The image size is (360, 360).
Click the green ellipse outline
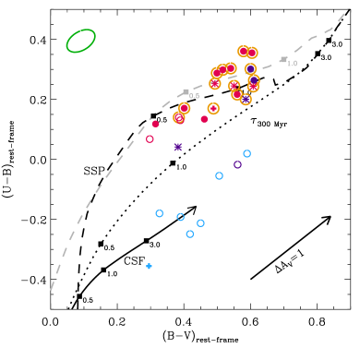[x=81, y=41]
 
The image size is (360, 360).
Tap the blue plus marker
[x=149, y=266]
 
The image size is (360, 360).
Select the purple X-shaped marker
[x=177, y=147]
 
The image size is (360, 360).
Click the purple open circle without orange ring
[x=237, y=164]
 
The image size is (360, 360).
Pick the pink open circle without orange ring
[x=150, y=138]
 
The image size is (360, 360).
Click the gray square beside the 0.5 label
[x=186, y=92]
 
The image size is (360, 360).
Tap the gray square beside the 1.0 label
[x=283, y=60]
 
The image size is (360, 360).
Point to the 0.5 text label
[x=195, y=96]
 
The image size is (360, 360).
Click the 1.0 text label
[x=293, y=64]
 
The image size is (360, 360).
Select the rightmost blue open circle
[x=246, y=153]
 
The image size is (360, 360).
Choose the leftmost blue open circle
[x=159, y=213]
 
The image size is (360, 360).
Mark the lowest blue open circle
[x=189, y=234]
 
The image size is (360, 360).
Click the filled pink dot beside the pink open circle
[x=155, y=124]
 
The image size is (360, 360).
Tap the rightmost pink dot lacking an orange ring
[x=204, y=118]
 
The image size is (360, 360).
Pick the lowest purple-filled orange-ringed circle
[x=246, y=99]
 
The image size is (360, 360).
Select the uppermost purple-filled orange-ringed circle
[x=250, y=68]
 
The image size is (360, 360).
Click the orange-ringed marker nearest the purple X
[x=179, y=117]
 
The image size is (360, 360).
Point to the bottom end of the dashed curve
[x=51, y=290]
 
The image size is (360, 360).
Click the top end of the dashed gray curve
[x=344, y=14]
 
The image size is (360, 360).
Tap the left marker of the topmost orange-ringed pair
[x=243, y=51]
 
